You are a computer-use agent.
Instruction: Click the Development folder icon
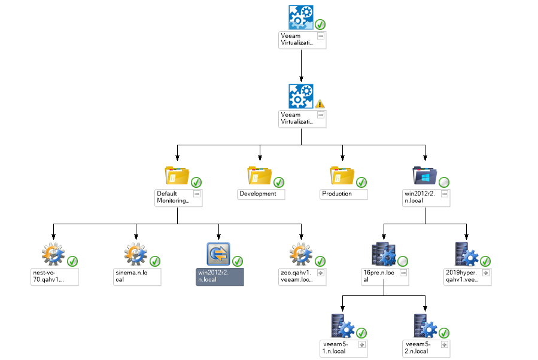click(259, 176)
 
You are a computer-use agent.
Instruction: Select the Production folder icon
click(342, 176)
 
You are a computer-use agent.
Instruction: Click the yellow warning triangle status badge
click(320, 103)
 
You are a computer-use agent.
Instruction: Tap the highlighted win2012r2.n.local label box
click(219, 276)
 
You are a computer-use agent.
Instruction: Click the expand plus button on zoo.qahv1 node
click(321, 273)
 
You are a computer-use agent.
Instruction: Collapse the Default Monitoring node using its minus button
click(196, 194)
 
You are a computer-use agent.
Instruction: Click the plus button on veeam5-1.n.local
click(361, 345)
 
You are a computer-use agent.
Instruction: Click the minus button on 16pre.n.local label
click(403, 273)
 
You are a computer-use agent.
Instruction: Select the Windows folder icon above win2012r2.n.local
click(425, 176)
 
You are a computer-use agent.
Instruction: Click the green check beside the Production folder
click(361, 182)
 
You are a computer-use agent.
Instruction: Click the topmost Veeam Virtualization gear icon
click(301, 17)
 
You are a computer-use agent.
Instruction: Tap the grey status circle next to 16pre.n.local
click(403, 261)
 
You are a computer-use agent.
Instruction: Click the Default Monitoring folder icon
click(177, 176)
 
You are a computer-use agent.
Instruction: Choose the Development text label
click(258, 194)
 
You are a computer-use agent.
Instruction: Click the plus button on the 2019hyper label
click(486, 273)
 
